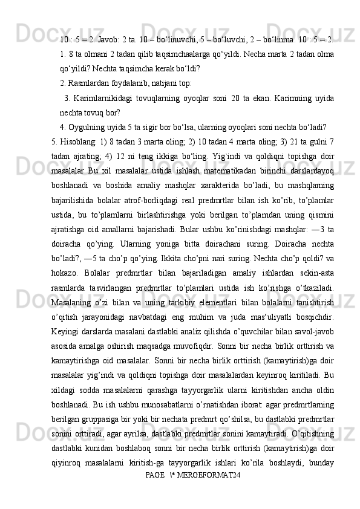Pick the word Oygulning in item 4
pyautogui.click(x=86, y=127)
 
